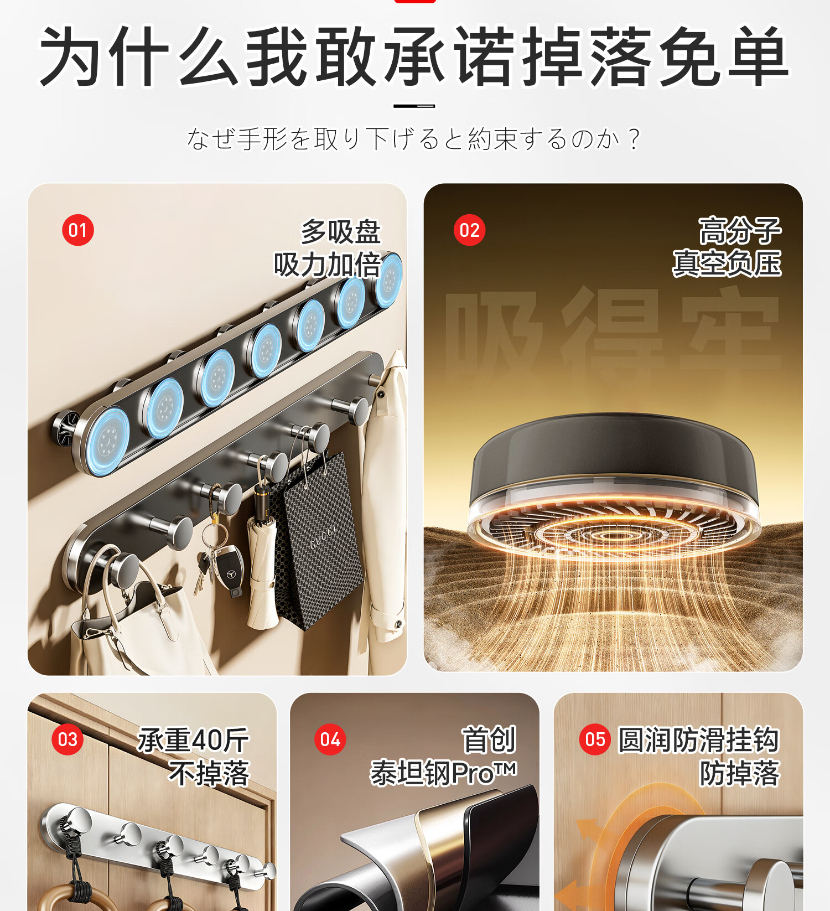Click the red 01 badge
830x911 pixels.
(x=78, y=230)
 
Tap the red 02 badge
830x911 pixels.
(x=469, y=230)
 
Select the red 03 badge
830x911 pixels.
(x=68, y=739)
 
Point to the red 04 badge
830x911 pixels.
(x=330, y=739)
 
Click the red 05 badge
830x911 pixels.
(x=595, y=739)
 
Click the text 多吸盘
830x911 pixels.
(x=341, y=231)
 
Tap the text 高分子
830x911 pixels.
(x=740, y=230)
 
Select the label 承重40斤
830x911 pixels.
(x=194, y=740)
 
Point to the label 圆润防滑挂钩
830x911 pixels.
(x=698, y=740)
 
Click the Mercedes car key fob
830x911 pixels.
(x=229, y=571)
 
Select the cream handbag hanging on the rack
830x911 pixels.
(x=138, y=620)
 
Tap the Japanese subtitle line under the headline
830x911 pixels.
(x=414, y=138)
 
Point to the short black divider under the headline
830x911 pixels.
(x=414, y=106)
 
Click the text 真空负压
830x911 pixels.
(x=727, y=263)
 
